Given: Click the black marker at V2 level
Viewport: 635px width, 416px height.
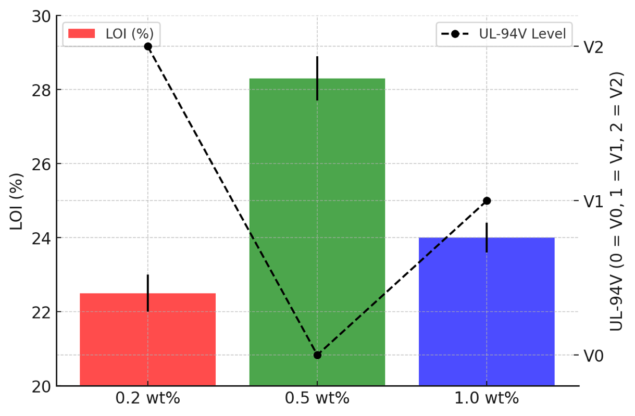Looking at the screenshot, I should coord(148,46).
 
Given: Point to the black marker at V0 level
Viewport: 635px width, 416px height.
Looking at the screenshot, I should coord(317,355).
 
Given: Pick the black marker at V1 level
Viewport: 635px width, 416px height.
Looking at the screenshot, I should coord(487,201).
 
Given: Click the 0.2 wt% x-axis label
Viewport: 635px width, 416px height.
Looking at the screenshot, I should coord(147,398).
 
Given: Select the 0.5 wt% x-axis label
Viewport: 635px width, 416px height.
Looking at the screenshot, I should coord(317,398).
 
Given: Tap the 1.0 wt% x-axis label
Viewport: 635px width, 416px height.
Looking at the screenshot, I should coord(486,398).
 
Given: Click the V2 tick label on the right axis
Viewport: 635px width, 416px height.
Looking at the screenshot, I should coord(593,47).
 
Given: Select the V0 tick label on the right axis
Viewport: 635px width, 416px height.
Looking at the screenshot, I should coord(593,356).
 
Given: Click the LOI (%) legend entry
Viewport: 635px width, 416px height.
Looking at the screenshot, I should coord(111,34).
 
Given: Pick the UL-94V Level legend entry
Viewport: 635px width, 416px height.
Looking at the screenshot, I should coord(504,34).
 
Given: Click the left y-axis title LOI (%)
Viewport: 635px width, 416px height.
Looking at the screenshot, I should coord(17,201).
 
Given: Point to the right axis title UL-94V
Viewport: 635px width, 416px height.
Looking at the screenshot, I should coord(617,201).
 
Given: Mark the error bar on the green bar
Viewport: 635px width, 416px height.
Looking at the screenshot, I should coord(317,78).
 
